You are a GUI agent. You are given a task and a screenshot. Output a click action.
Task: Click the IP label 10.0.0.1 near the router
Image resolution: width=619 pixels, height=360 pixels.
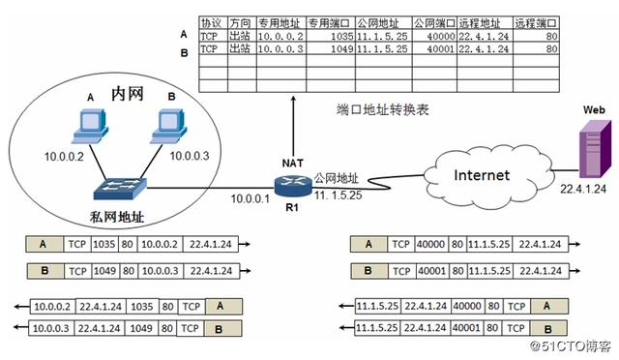[x=251, y=199]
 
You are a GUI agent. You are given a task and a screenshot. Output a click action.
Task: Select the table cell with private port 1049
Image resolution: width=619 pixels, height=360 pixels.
[x=329, y=47]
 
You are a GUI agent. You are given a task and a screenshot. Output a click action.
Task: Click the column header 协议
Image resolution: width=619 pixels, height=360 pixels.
[x=210, y=21]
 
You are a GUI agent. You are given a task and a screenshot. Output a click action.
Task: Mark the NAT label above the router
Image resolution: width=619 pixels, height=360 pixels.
[x=293, y=161]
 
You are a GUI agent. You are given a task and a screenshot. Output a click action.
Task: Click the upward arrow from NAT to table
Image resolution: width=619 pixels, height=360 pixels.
[x=294, y=126]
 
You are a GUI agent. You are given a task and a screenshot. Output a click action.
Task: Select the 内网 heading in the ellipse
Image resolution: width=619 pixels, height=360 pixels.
[x=129, y=94]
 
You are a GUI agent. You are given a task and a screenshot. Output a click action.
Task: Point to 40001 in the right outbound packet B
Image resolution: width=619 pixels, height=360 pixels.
[x=435, y=271]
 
